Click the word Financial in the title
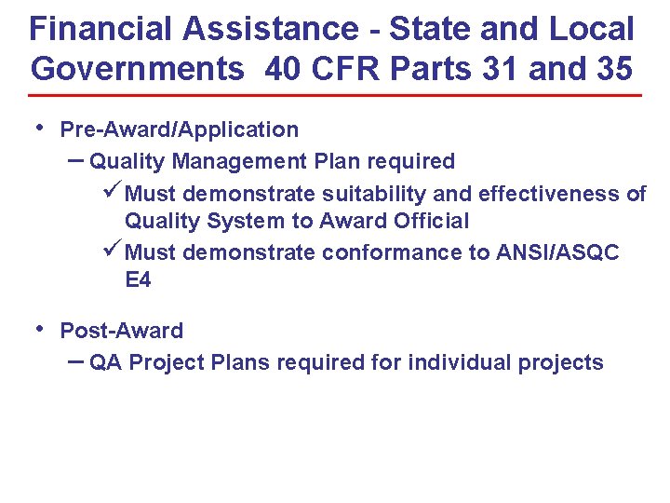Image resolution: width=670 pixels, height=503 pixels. (x=102, y=29)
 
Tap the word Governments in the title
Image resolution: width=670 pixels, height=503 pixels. (x=136, y=69)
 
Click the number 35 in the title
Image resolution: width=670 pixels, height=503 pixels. (x=610, y=69)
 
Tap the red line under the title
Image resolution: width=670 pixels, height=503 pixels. (x=335, y=95)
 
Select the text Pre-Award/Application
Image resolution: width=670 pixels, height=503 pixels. (x=179, y=129)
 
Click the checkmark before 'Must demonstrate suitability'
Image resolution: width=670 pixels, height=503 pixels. (x=110, y=193)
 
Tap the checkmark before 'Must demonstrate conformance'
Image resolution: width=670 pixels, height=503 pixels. (x=110, y=251)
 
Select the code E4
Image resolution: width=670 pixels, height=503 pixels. (x=138, y=279)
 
